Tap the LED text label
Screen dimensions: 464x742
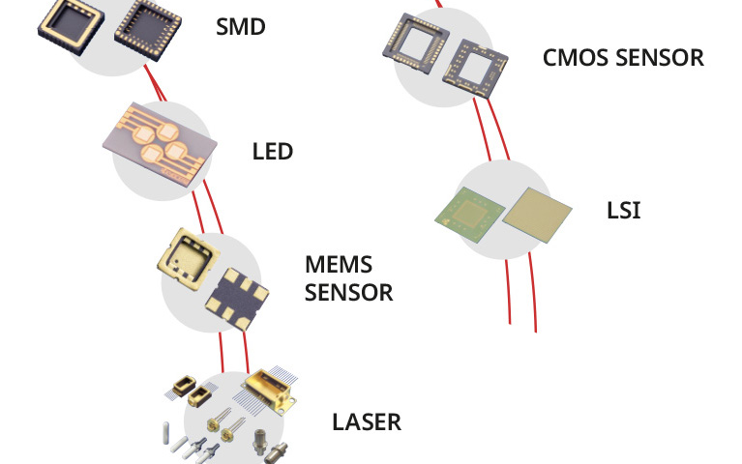[x=272, y=152]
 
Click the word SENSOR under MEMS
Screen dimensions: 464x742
[x=348, y=292]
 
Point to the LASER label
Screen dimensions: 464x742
[x=366, y=421]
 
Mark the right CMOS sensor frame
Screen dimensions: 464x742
[x=481, y=67]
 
